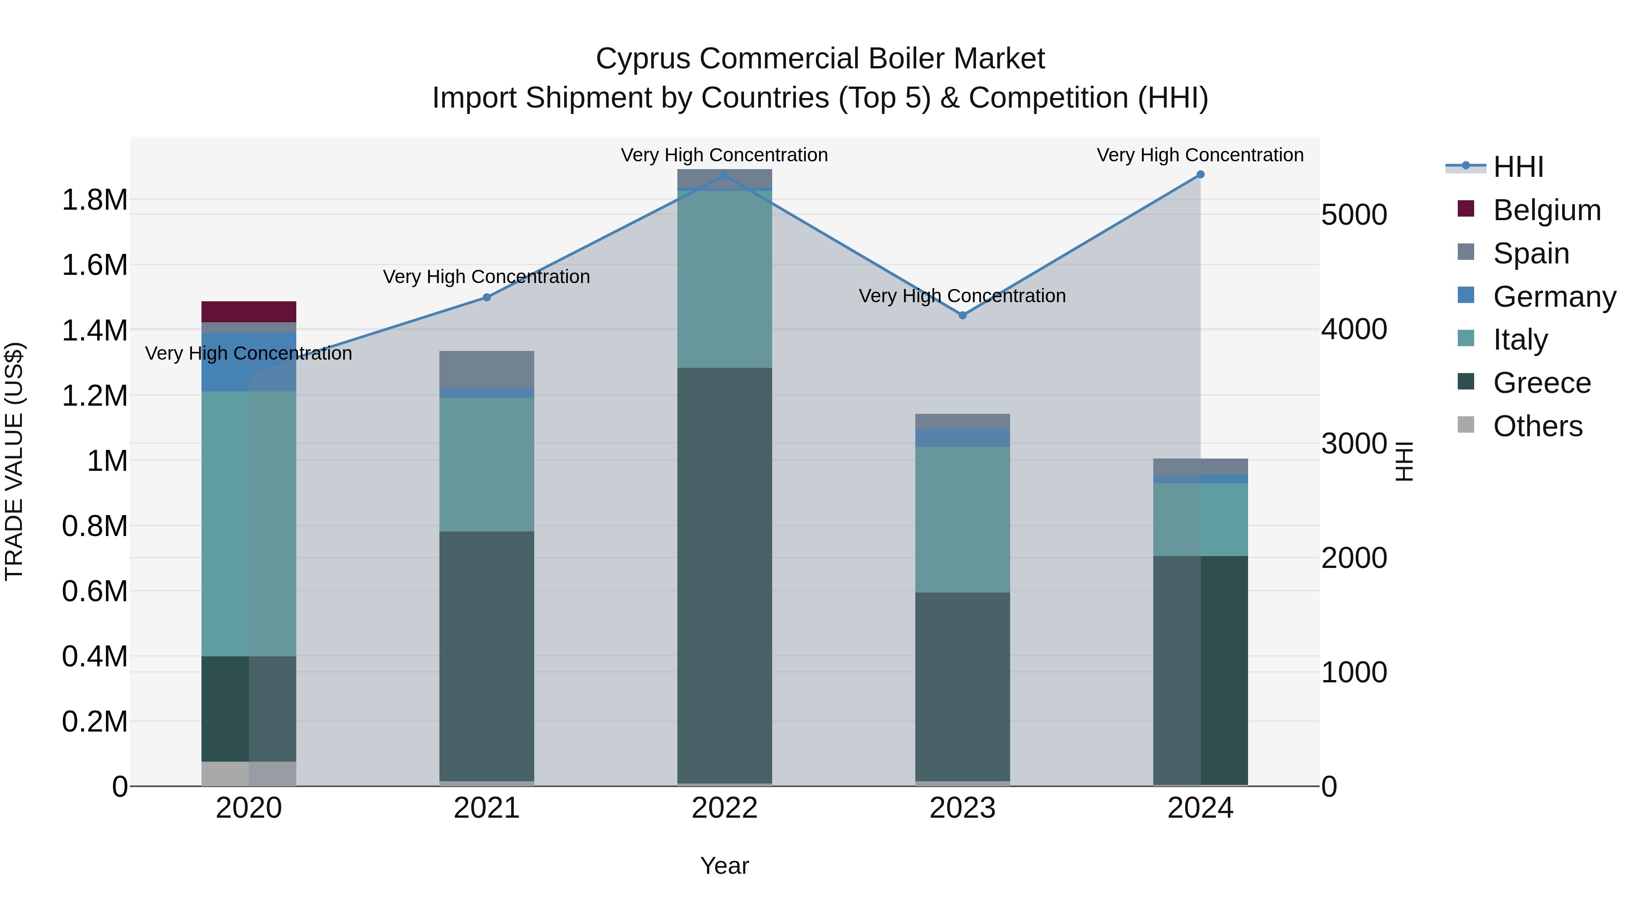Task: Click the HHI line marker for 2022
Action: click(724, 176)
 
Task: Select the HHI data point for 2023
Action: click(963, 315)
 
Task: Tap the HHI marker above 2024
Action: click(1200, 175)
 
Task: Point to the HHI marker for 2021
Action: click(487, 298)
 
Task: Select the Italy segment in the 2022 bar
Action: click(724, 279)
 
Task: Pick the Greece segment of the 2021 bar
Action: click(487, 656)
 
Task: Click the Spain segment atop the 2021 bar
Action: click(487, 369)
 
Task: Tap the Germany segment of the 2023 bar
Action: click(963, 438)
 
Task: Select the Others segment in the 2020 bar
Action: click(248, 773)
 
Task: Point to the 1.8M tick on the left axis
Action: click(94, 200)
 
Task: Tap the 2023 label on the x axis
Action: click(963, 808)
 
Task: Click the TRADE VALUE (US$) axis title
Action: click(15, 461)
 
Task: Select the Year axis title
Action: click(724, 866)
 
